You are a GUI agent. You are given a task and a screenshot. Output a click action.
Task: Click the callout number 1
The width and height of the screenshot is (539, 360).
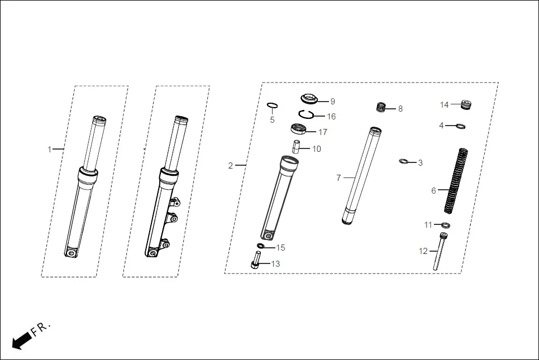pyautogui.click(x=49, y=149)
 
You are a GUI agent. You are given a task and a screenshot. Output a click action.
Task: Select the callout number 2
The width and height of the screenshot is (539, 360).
pyautogui.click(x=230, y=165)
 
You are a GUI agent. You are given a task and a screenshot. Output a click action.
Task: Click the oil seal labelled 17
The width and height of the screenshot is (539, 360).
pyautogui.click(x=299, y=129)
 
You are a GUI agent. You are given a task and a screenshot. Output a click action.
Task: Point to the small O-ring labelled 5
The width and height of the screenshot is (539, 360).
pyautogui.click(x=273, y=105)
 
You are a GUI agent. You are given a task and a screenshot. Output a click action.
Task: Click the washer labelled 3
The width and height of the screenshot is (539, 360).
pyautogui.click(x=404, y=162)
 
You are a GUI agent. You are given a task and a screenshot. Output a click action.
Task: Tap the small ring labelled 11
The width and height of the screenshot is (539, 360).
pyautogui.click(x=446, y=225)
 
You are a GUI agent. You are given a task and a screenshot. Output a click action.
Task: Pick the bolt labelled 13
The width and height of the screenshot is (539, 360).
pyautogui.click(x=256, y=261)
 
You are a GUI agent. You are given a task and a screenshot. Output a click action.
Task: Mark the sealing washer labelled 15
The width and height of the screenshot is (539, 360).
pyautogui.click(x=261, y=246)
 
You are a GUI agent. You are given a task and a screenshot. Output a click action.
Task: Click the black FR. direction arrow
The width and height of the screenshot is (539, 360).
pyautogui.click(x=21, y=339)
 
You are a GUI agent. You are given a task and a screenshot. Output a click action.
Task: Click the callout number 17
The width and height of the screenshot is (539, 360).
pyautogui.click(x=323, y=132)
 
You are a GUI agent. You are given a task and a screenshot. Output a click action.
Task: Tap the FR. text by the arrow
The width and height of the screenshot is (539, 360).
pyautogui.click(x=41, y=328)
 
